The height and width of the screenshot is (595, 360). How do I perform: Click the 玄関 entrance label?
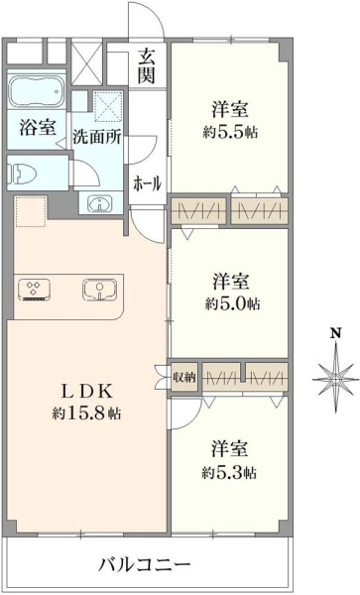[147, 66]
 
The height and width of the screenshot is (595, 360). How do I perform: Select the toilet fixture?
[22, 174]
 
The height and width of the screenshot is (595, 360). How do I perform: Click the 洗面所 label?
[97, 137]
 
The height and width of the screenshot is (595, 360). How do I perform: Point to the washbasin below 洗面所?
[100, 203]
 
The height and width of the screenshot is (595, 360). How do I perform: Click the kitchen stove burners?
[34, 290]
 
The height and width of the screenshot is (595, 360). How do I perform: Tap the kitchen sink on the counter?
[100, 290]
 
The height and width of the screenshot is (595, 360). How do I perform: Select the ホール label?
[147, 183]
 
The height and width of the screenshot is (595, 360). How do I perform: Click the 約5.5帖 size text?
[230, 133]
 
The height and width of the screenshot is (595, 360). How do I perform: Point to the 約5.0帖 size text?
[232, 303]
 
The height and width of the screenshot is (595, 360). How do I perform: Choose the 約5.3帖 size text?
[229, 473]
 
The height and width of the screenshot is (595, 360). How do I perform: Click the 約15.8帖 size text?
[87, 414]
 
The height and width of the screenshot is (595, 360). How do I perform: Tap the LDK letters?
[87, 392]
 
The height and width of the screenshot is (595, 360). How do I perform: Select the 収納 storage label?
[184, 377]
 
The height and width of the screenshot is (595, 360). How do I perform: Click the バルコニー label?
[145, 566]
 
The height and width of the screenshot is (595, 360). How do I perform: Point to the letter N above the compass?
[336, 333]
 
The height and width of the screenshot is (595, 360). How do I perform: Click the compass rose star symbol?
[336, 379]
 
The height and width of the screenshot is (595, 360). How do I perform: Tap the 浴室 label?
[38, 128]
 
